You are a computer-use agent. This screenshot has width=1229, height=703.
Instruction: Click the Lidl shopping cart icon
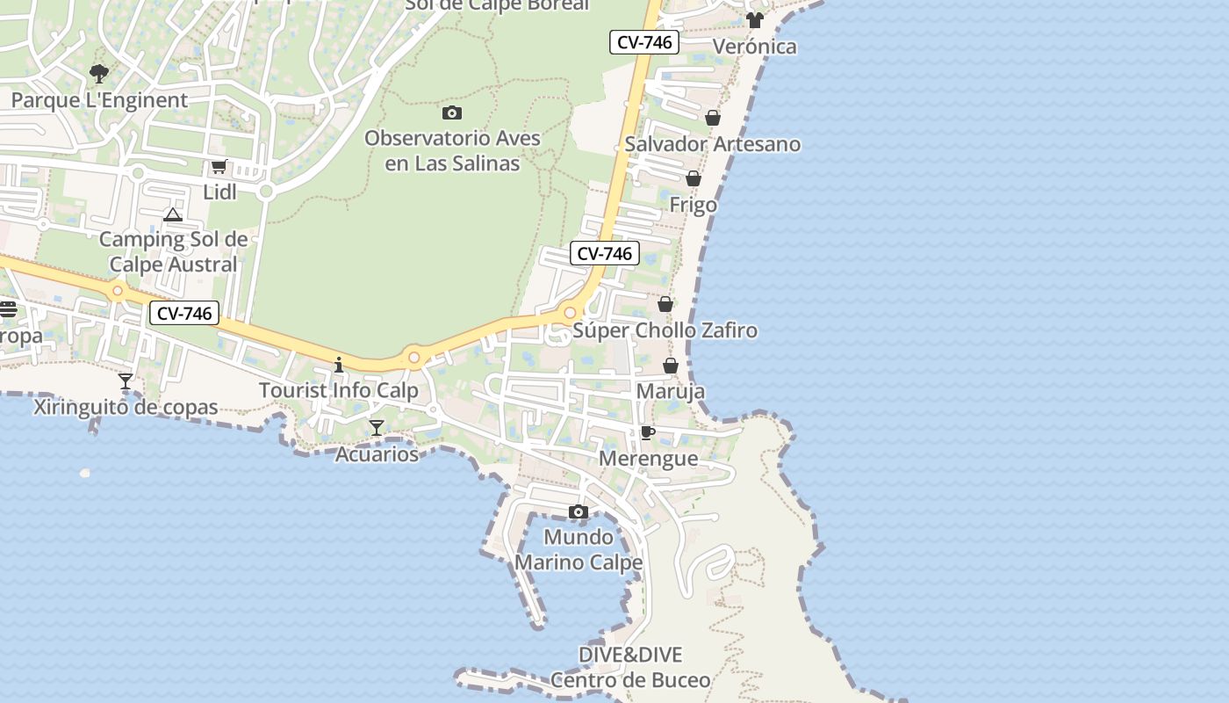[x=219, y=166]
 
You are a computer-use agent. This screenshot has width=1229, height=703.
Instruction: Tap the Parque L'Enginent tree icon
[x=99, y=73]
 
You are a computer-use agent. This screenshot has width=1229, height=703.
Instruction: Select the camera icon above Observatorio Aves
[x=452, y=112]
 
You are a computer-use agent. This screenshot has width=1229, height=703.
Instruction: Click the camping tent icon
[x=173, y=214]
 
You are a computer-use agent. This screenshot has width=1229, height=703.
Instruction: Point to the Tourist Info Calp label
[x=339, y=390]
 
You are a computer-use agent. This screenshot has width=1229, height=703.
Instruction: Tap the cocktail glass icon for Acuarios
[x=377, y=428]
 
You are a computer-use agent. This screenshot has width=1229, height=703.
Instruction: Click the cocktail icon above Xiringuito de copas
[x=126, y=381]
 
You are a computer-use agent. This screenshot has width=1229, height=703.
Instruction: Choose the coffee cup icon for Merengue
[x=648, y=432]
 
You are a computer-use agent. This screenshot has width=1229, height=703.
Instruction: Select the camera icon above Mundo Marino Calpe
[x=578, y=511]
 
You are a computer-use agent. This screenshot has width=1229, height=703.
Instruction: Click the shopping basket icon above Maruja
[x=671, y=366]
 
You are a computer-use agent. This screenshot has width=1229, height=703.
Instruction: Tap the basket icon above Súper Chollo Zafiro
[x=665, y=304]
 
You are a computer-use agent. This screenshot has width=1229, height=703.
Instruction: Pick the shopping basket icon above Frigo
[x=694, y=178]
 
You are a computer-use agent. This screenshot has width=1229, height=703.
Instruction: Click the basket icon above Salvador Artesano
[x=713, y=118]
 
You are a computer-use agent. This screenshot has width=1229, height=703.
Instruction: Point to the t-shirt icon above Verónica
[x=755, y=20]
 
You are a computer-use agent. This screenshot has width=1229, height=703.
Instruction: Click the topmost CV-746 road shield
[x=645, y=42]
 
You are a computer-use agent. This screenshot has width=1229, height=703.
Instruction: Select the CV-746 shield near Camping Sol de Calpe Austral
[x=183, y=313]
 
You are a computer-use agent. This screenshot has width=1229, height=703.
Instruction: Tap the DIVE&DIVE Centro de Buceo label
[x=630, y=667]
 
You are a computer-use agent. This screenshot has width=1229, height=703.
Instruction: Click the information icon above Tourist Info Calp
[x=339, y=364]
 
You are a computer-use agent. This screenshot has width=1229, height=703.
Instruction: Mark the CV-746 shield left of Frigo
[x=604, y=253]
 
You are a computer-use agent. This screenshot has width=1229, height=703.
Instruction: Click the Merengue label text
[x=649, y=459]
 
